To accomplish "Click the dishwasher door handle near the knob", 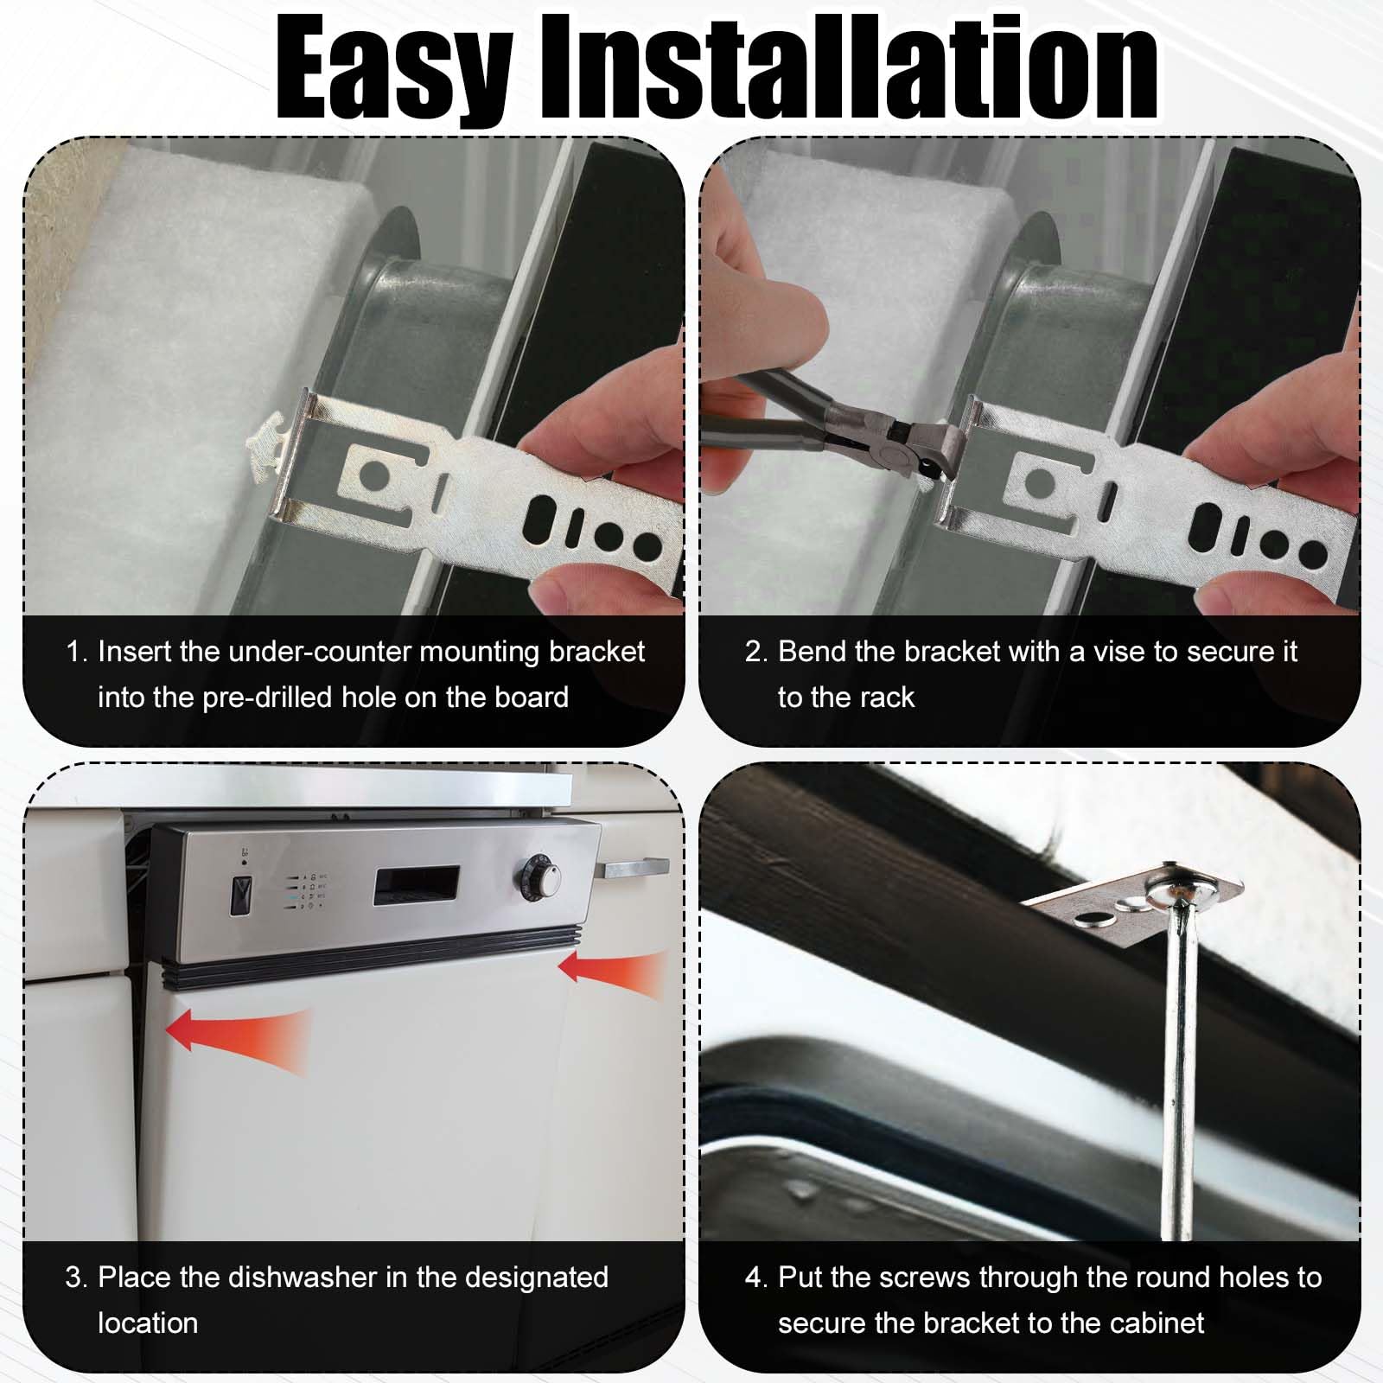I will click(636, 866).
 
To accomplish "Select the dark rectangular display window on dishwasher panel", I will click(416, 885).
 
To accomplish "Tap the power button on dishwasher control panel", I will click(241, 895).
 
